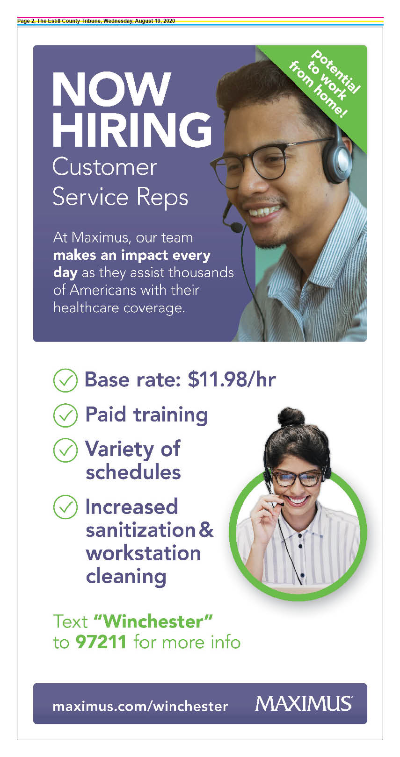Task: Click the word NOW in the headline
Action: (x=111, y=89)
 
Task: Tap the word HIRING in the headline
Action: (x=132, y=130)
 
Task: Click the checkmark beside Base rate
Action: (x=65, y=380)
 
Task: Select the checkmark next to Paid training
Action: (x=65, y=415)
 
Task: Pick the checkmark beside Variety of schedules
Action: (x=65, y=450)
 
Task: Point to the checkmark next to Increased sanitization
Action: (x=65, y=507)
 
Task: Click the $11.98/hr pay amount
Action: (x=232, y=379)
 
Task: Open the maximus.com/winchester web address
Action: (x=140, y=706)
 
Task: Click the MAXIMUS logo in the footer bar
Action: (x=304, y=704)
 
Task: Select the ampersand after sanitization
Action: (x=206, y=529)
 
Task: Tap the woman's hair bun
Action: (x=291, y=417)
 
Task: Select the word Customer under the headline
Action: (x=105, y=167)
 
